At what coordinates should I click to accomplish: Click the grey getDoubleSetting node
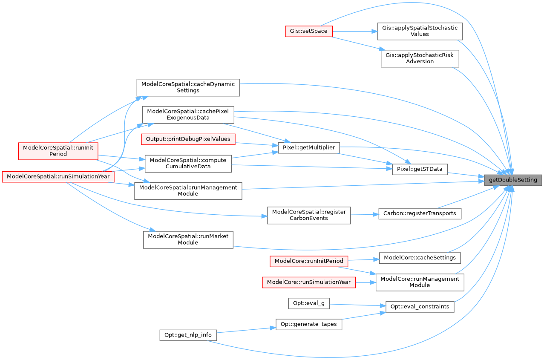[x=513, y=180]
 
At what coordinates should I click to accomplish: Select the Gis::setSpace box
[x=309, y=31]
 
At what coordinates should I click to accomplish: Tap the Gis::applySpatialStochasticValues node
[x=420, y=31]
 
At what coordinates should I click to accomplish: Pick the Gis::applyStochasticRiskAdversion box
[x=420, y=58]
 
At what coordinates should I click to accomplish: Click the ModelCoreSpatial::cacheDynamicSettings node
[x=188, y=87]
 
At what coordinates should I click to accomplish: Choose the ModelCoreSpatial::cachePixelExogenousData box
[x=188, y=114]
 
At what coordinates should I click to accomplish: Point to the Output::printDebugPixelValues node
[x=188, y=139]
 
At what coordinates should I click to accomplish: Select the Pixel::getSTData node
[x=420, y=170]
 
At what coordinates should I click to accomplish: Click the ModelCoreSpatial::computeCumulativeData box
[x=188, y=163]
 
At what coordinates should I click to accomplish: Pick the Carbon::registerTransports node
[x=420, y=213]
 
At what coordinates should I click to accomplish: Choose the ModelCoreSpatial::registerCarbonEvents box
[x=309, y=215]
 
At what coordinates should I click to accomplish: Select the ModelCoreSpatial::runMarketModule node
[x=188, y=239]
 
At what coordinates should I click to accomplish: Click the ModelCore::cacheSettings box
[x=420, y=258]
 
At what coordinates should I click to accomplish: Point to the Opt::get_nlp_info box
[x=188, y=335]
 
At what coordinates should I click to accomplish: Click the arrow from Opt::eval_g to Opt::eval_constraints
[x=358, y=305]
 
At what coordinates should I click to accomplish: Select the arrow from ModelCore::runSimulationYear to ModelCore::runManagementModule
[x=366, y=282]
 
